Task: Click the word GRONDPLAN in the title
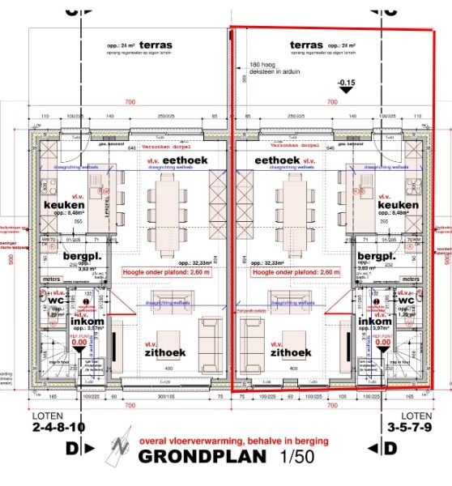[x=203, y=456]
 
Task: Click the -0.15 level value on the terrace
[x=347, y=83]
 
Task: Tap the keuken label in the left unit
[x=64, y=205]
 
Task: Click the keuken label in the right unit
[x=398, y=205]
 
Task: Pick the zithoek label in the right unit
[x=291, y=352]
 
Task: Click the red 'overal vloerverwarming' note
[x=234, y=441]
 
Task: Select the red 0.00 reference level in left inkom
[x=79, y=342]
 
